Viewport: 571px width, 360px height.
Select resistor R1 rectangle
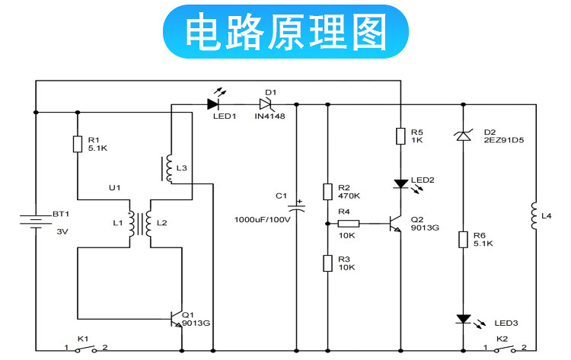pyautogui.click(x=77, y=144)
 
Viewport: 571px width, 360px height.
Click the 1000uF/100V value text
pyautogui.click(x=262, y=219)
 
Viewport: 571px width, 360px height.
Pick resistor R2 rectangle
pyautogui.click(x=327, y=192)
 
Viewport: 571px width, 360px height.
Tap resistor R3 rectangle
pyautogui.click(x=327, y=263)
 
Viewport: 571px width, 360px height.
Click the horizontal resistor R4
pyautogui.click(x=348, y=224)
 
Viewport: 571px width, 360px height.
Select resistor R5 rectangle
pyautogui.click(x=399, y=136)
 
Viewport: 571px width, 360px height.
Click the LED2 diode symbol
pyautogui.click(x=399, y=183)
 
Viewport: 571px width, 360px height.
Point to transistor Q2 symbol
pyautogui.click(x=394, y=224)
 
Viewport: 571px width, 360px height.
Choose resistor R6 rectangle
pyautogui.click(x=462, y=240)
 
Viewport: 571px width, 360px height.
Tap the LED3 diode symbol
pyautogui.click(x=462, y=319)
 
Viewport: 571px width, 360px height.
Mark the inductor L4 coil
pyautogui.click(x=535, y=216)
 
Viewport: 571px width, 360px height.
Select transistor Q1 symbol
pyautogui.click(x=177, y=319)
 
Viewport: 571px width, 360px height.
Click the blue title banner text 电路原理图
pyautogui.click(x=285, y=31)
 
